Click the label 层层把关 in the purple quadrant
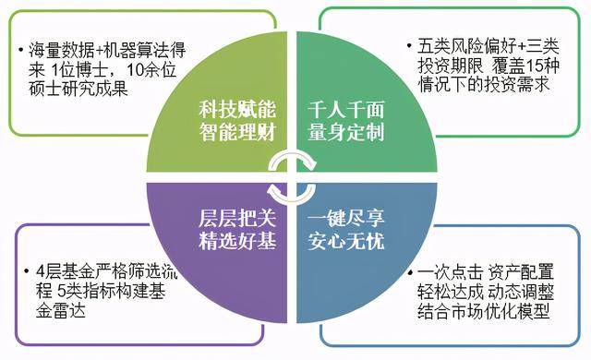click(x=237, y=221)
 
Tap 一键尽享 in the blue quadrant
click(x=347, y=221)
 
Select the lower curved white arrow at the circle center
click(x=294, y=191)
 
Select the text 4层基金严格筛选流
click(x=94, y=271)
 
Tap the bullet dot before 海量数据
click(x=20, y=48)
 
